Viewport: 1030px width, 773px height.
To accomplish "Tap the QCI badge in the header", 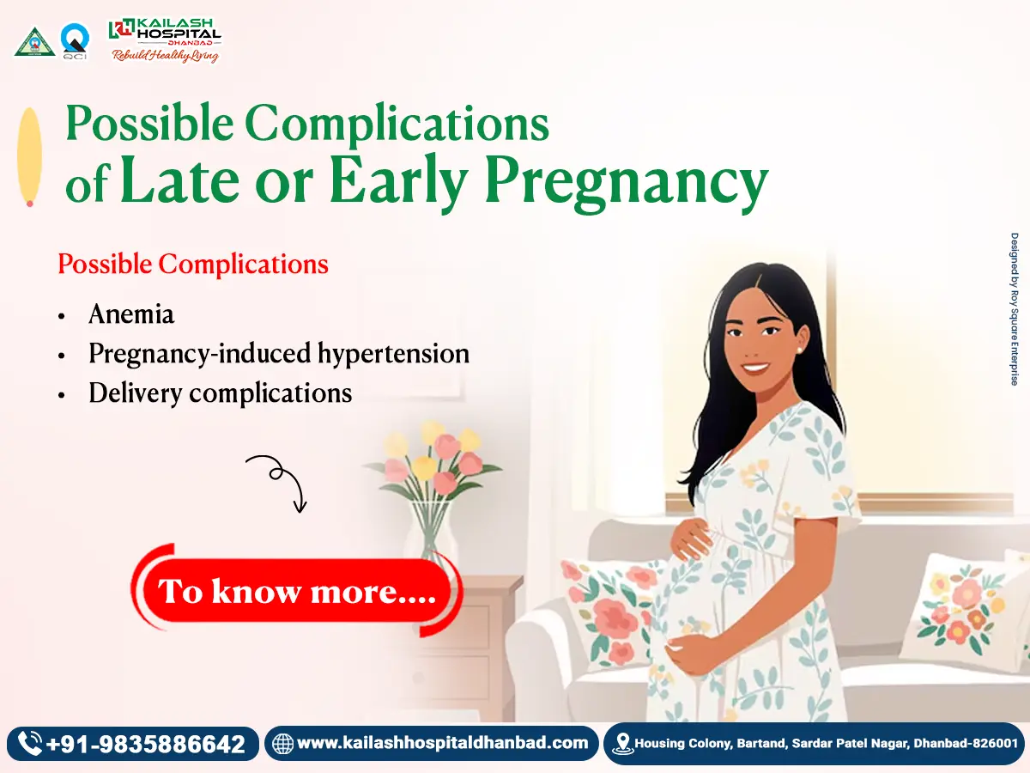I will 73,40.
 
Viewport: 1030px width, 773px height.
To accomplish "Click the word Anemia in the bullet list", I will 131,314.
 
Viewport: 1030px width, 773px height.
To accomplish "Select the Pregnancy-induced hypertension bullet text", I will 279,353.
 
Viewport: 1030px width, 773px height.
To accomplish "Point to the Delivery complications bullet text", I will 221,393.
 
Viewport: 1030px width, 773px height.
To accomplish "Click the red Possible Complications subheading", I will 193,264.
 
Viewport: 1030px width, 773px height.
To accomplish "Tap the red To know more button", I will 297,591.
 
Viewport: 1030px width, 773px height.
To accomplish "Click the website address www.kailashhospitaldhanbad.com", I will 442,743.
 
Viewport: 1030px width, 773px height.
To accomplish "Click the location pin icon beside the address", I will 622,744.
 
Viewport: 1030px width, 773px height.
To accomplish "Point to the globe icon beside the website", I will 282,744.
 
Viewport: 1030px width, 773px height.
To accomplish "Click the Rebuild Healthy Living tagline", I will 164,56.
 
